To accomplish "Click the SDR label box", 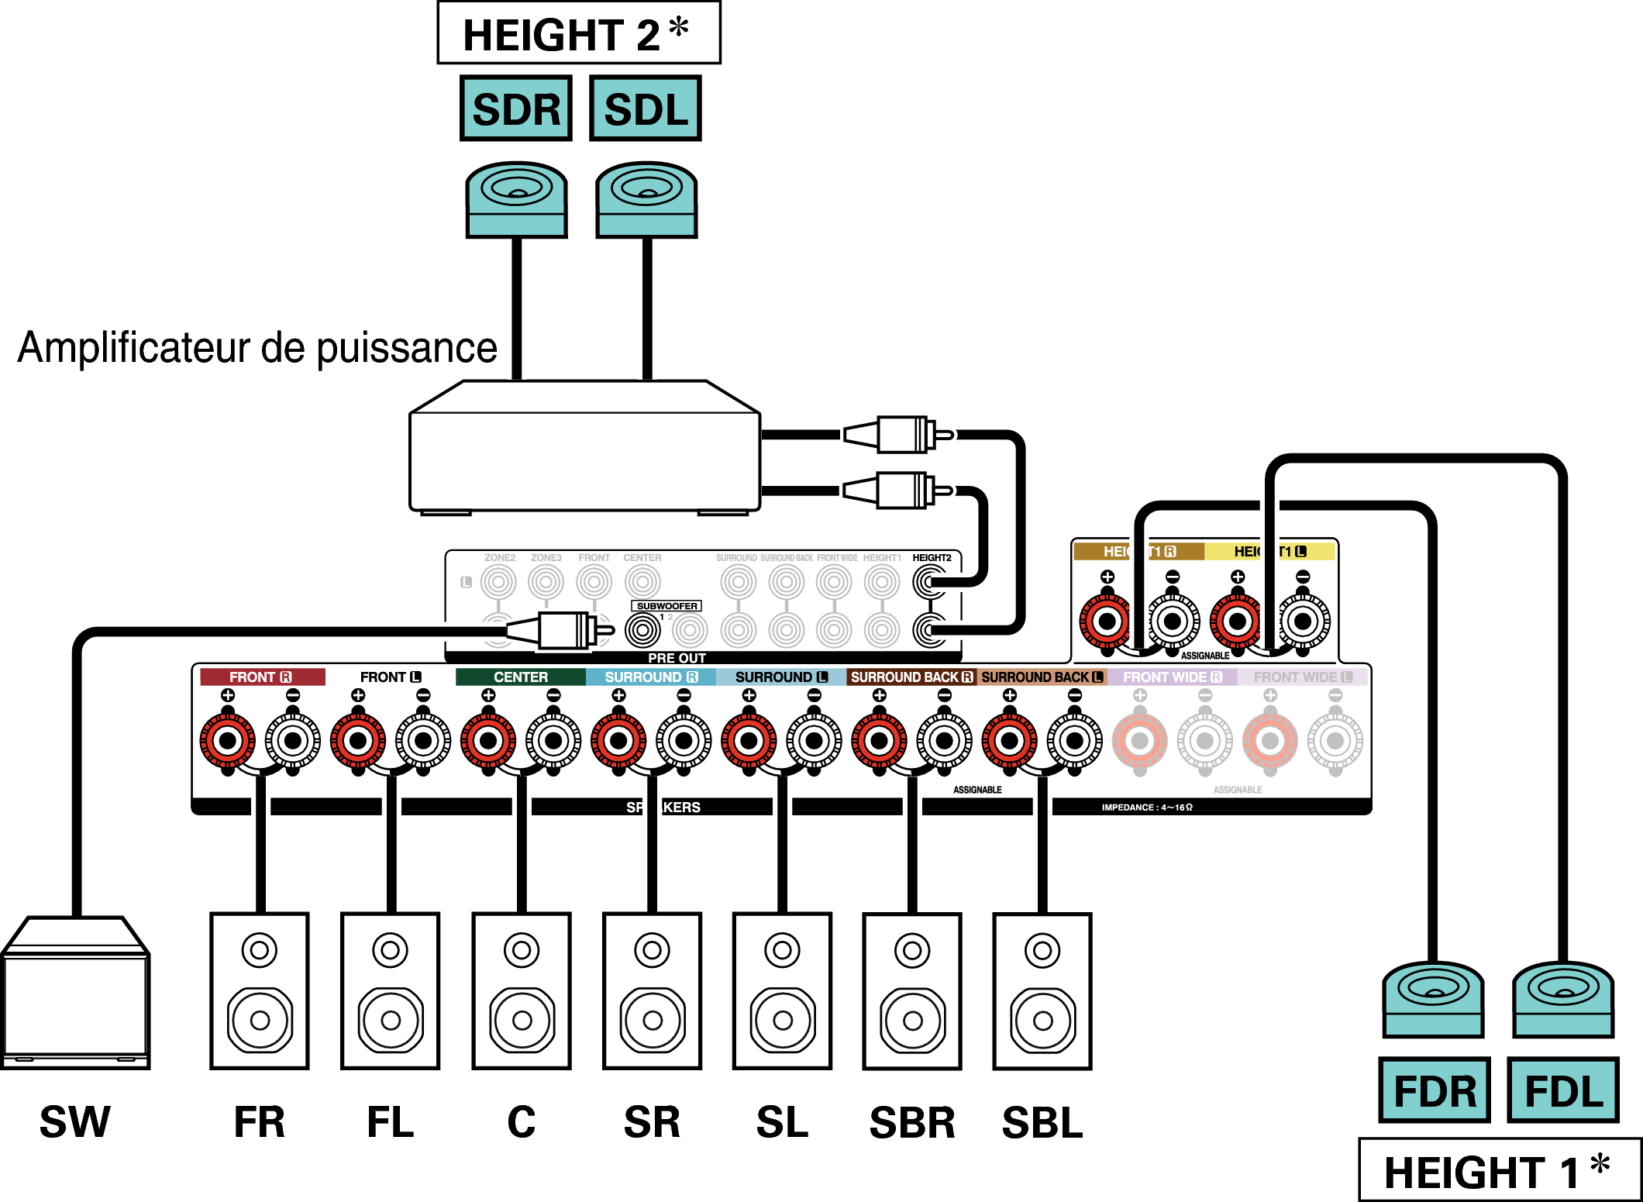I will coord(515,108).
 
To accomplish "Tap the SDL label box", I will coord(646,108).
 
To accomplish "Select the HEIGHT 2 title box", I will coord(578,33).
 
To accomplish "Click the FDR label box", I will coord(1435,1090).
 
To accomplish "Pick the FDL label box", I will coord(1563,1090).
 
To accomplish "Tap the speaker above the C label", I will coord(522,991).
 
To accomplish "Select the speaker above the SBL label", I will coord(1042,991).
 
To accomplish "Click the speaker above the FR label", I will coord(260,991).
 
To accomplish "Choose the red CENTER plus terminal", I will coord(488,741).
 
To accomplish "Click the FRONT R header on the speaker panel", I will coord(261,677).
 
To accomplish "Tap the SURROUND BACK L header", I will coord(1042,677).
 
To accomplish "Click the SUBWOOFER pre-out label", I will coord(666,606).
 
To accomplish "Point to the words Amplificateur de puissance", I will coord(257,348).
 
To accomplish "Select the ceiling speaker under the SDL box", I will coord(646,199).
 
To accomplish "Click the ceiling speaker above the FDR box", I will coord(1433,1000).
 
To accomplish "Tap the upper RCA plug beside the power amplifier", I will coord(899,435).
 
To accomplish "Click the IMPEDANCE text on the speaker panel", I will coord(1147,808).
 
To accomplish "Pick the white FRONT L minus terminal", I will coord(423,741).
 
